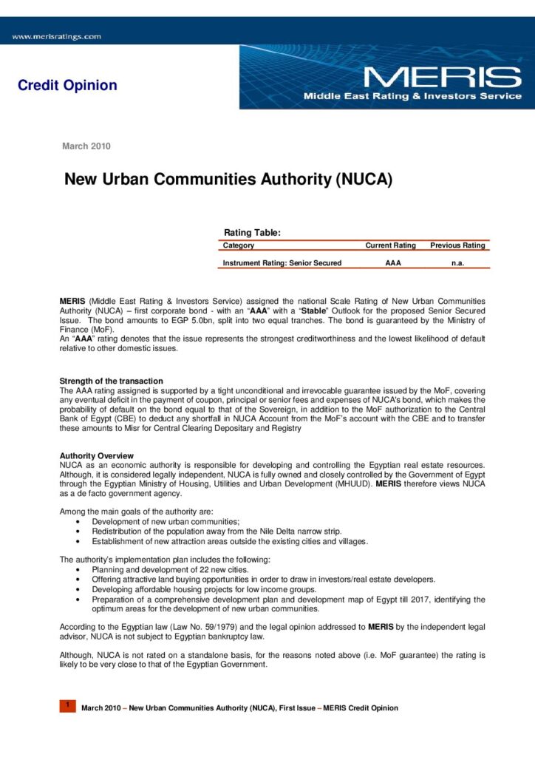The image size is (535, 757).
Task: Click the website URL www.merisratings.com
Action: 56,36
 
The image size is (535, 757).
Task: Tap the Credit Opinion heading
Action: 67,85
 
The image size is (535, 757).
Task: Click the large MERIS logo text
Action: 442,78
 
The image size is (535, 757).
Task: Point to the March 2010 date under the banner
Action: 86,146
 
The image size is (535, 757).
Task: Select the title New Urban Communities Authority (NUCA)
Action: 228,180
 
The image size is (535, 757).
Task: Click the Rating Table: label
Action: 252,234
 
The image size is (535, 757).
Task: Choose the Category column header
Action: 239,245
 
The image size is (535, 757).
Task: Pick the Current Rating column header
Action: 390,245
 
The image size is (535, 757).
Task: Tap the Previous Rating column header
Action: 457,245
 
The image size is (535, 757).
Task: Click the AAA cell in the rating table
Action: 393,263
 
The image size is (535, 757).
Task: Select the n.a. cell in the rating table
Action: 457,263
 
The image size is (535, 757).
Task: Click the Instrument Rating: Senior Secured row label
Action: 282,263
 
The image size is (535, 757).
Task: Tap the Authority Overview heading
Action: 96,455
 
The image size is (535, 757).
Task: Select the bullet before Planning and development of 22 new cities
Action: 78,570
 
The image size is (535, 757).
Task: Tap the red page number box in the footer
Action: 67,706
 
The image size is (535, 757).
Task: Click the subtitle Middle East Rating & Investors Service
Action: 412,97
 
